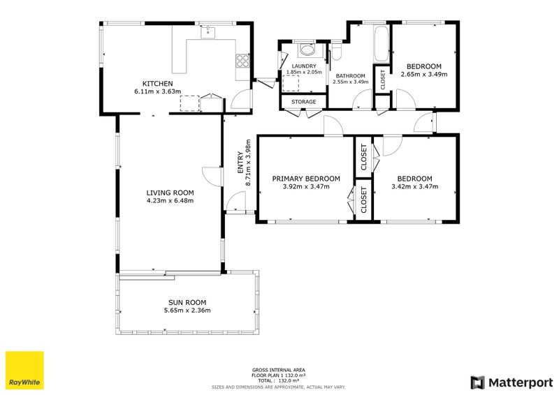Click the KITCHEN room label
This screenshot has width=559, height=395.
158,84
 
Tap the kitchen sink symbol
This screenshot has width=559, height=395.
208,32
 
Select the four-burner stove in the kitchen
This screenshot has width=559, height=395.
242,61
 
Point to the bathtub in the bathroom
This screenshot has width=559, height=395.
381,44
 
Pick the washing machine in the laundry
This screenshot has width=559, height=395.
307,49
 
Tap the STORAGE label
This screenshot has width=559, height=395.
304,102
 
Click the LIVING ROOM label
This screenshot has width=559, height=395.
170,193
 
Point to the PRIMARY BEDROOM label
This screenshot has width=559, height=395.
306,179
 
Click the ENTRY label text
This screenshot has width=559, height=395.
240,163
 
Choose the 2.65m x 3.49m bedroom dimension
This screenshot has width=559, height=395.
424,74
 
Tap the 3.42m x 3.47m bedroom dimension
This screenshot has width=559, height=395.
414,186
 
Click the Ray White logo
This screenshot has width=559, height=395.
24,371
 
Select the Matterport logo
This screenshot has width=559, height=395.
511,382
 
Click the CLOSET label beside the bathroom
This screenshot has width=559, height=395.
383,80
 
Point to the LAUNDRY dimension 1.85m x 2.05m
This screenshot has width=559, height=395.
304,72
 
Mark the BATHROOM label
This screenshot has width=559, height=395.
351,76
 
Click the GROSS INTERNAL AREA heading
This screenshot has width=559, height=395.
278,370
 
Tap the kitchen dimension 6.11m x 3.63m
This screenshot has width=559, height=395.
158,91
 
